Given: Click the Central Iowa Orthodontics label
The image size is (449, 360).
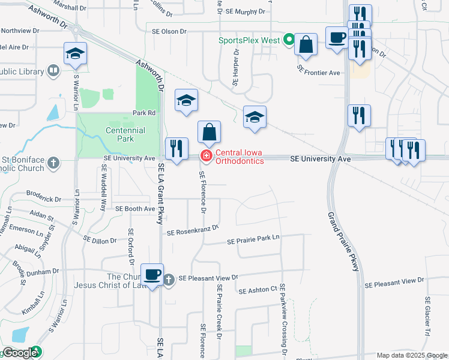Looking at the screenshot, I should click(240, 157).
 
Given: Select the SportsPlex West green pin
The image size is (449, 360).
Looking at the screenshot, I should click(289, 40).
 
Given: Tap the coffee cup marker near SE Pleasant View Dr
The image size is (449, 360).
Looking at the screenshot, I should click(152, 275).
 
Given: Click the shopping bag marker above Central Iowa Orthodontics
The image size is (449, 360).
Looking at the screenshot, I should click(209, 132).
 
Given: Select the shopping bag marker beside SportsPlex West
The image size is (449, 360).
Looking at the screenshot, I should click(306, 44).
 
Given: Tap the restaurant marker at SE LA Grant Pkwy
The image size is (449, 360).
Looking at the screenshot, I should click(176, 148).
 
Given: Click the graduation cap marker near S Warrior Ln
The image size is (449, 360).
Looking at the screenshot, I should click(76, 53).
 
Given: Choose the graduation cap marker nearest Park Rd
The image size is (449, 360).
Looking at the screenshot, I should click(187, 100).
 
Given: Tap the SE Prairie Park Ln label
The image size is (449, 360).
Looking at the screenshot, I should click(253, 240).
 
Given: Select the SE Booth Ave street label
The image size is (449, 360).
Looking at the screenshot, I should click(135, 209).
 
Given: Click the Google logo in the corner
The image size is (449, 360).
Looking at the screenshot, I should click(20, 353).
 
